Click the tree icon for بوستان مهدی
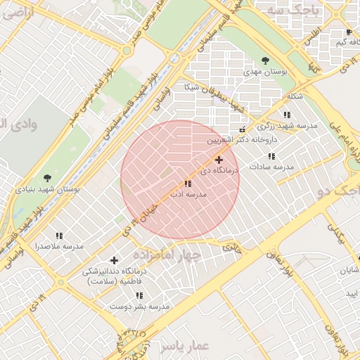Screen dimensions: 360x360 265,60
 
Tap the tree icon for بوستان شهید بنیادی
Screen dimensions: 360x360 47,178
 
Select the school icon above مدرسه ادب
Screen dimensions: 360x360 187,184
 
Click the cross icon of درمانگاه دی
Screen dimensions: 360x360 219,160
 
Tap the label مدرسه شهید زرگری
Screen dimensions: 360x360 286,126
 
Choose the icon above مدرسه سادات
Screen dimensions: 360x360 271,156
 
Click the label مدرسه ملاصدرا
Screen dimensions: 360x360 59,246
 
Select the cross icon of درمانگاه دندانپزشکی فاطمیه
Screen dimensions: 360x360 114,261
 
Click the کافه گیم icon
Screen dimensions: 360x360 349,33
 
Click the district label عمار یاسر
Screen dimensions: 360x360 184,346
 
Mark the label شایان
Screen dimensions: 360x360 349,270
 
